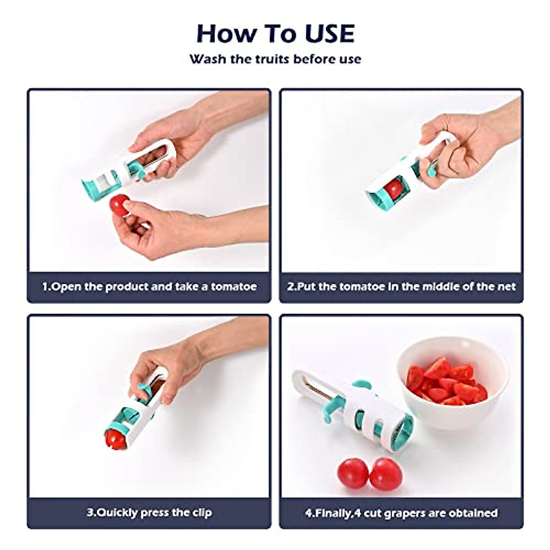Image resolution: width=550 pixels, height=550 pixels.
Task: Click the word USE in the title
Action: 330,33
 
